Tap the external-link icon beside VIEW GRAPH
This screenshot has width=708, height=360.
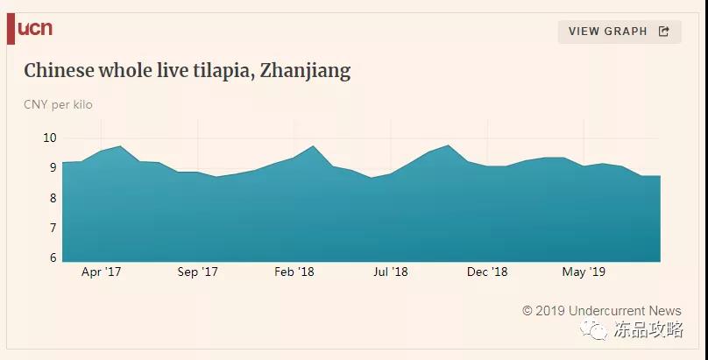(663, 32)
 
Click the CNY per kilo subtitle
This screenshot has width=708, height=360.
(58, 105)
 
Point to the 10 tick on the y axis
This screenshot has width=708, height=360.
(50, 138)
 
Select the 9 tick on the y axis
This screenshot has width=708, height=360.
(53, 168)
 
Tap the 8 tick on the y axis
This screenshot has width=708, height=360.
(53, 198)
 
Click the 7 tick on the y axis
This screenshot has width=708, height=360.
(53, 228)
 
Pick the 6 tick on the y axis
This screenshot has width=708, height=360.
(53, 258)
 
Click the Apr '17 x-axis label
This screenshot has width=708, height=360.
(101, 272)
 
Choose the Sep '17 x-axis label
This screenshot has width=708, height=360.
(197, 272)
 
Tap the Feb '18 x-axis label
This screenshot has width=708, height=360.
(294, 272)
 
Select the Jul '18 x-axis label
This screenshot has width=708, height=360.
(390, 272)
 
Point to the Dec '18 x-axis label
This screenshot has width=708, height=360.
(487, 272)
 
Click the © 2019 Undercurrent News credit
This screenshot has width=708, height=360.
(601, 311)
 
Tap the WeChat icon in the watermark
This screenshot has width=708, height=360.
(595, 330)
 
